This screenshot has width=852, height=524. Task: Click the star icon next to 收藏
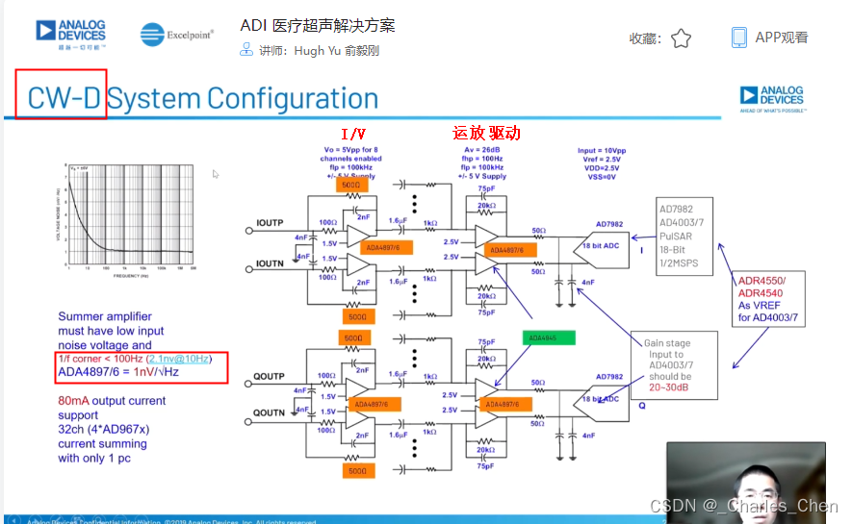[x=681, y=38]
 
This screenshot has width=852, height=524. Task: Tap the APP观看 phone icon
[x=739, y=37]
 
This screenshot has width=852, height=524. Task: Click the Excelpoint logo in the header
[x=176, y=35]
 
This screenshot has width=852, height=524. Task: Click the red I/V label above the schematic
[x=352, y=134]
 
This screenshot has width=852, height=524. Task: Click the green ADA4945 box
[x=548, y=338]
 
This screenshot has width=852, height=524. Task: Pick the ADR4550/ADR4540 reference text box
[x=762, y=299]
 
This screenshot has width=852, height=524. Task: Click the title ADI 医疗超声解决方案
[x=318, y=25]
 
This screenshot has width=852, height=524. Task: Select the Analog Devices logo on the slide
[x=770, y=98]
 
